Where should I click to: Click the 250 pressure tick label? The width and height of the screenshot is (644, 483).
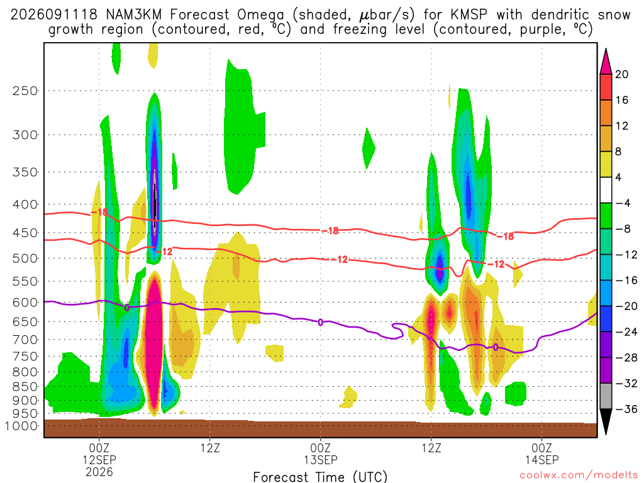tap(25, 91)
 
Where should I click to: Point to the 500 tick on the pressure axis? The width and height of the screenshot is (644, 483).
tap(25, 258)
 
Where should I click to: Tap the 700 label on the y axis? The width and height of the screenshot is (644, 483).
tap(25, 340)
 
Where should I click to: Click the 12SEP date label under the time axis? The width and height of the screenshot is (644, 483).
tap(99, 460)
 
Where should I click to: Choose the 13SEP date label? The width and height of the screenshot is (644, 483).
tap(321, 460)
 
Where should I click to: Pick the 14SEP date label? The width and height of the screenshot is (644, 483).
tap(542, 460)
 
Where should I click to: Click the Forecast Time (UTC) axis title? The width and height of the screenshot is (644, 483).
tap(320, 477)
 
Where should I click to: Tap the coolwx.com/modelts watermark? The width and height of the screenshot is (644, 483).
tap(579, 475)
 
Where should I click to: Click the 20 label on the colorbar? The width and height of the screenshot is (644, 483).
tap(621, 74)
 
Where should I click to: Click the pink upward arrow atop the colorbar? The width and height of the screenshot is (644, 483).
tap(606, 61)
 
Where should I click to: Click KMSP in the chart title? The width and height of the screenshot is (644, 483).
tap(469, 15)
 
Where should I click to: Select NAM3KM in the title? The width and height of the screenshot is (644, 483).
tap(133, 15)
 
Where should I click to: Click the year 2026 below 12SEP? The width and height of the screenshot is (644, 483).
tap(99, 472)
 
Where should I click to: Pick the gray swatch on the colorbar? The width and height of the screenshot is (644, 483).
tap(606, 396)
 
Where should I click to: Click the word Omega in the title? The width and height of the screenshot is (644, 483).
tap(260, 16)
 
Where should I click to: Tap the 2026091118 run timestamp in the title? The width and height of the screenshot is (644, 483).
tap(54, 15)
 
